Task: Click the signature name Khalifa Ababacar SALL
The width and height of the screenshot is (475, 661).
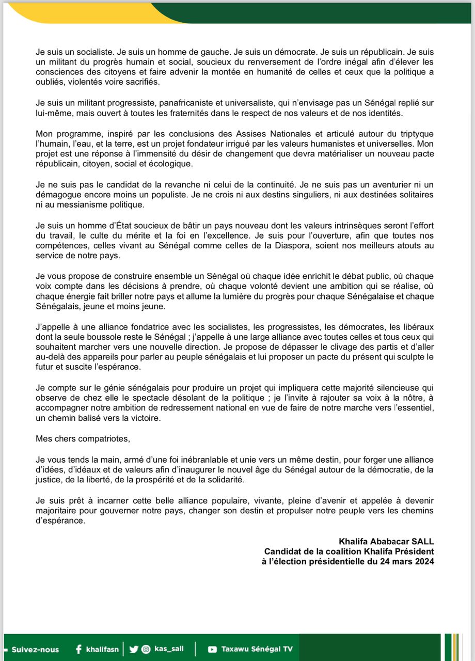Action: point(386,542)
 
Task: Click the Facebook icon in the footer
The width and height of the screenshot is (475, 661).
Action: point(78,649)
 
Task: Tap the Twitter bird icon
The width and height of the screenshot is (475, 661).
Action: point(134,649)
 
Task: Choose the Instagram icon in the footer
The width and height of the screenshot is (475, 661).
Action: point(147,649)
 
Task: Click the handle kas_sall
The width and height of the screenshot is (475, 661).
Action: point(169,649)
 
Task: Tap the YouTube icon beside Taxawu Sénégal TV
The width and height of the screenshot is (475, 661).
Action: point(212,649)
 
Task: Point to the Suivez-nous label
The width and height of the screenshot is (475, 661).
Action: point(35,649)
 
